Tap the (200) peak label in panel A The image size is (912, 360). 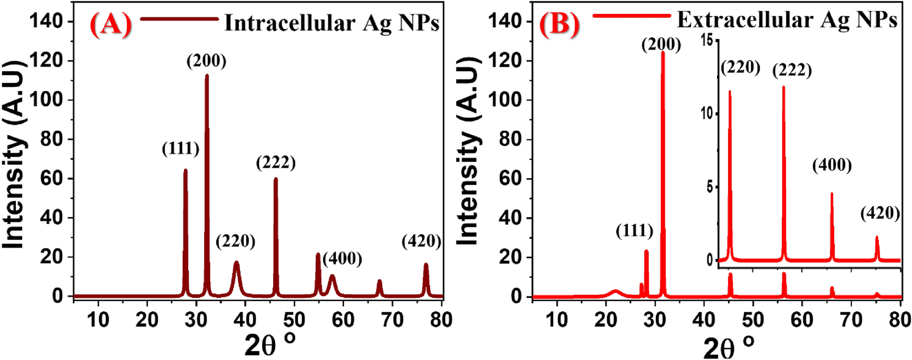coord(206,61)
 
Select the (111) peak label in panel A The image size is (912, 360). coord(180,149)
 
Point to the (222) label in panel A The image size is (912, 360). coord(276,162)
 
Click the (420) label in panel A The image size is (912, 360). coord(422,241)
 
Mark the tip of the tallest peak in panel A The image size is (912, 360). coord(207,75)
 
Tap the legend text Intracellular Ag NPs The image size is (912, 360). coord(332,23)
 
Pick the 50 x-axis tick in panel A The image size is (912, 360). coord(294,320)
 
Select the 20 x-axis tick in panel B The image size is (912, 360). coord(605,320)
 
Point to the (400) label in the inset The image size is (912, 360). coord(832,165)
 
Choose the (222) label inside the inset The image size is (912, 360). coord(792,70)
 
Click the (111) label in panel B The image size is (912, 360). coord(634,231)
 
